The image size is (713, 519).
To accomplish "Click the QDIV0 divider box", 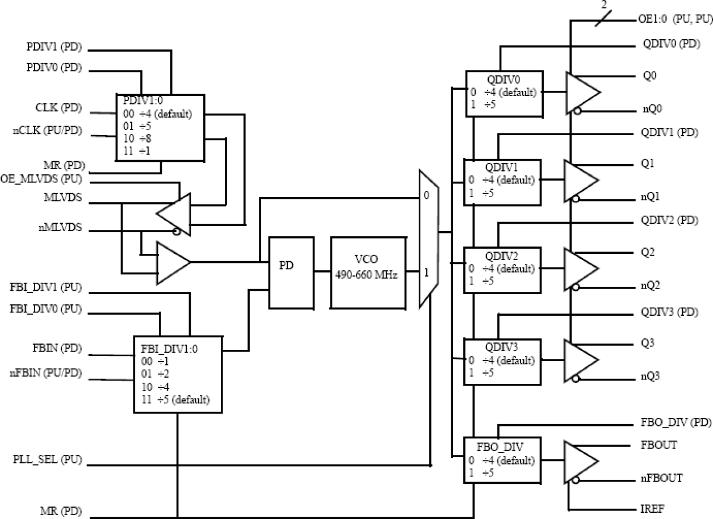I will [x=504, y=93].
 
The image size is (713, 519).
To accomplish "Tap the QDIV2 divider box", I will [x=502, y=270].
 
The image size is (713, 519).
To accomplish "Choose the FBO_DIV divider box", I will [x=502, y=460].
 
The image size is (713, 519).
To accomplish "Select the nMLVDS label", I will [x=57, y=228].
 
